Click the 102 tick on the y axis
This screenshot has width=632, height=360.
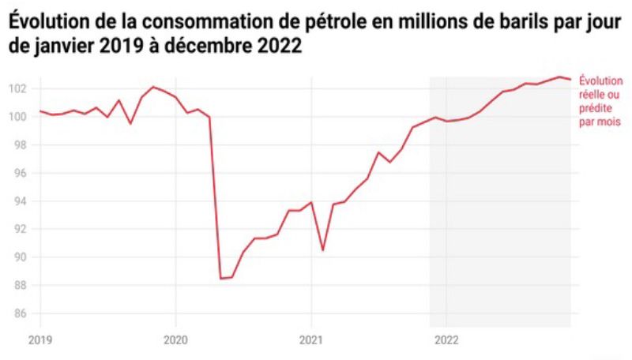[x=20, y=88]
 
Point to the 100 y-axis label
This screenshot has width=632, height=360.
[x=20, y=117]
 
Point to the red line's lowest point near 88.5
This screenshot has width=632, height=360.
[x=221, y=278]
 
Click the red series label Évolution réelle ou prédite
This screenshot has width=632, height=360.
[x=600, y=101]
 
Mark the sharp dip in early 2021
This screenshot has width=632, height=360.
[x=323, y=250]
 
